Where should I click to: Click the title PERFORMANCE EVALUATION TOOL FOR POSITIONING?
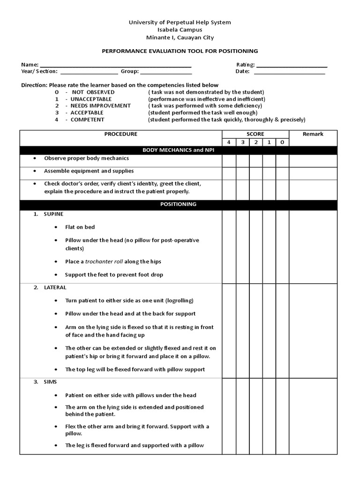pos(180,51)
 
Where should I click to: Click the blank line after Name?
pos(116,65)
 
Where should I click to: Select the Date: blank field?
pos(289,72)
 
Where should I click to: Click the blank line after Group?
pos(166,72)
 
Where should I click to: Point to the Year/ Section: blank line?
pos(89,72)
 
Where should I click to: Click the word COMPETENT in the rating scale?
pos(87,120)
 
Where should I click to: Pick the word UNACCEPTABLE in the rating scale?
pos(91,99)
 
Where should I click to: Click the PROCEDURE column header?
pos(121,134)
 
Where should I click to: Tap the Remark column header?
pos(313,134)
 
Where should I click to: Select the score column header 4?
pos(229,142)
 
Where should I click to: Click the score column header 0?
pos(282,142)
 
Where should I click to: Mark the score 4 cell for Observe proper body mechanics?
pos(229,161)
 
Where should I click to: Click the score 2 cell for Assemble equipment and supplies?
pos(255,173)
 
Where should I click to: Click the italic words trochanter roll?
pos(104,262)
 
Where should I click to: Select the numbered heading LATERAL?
pos(55,287)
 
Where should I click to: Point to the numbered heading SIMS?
pos(52,382)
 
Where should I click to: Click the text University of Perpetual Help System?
pos(180,22)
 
